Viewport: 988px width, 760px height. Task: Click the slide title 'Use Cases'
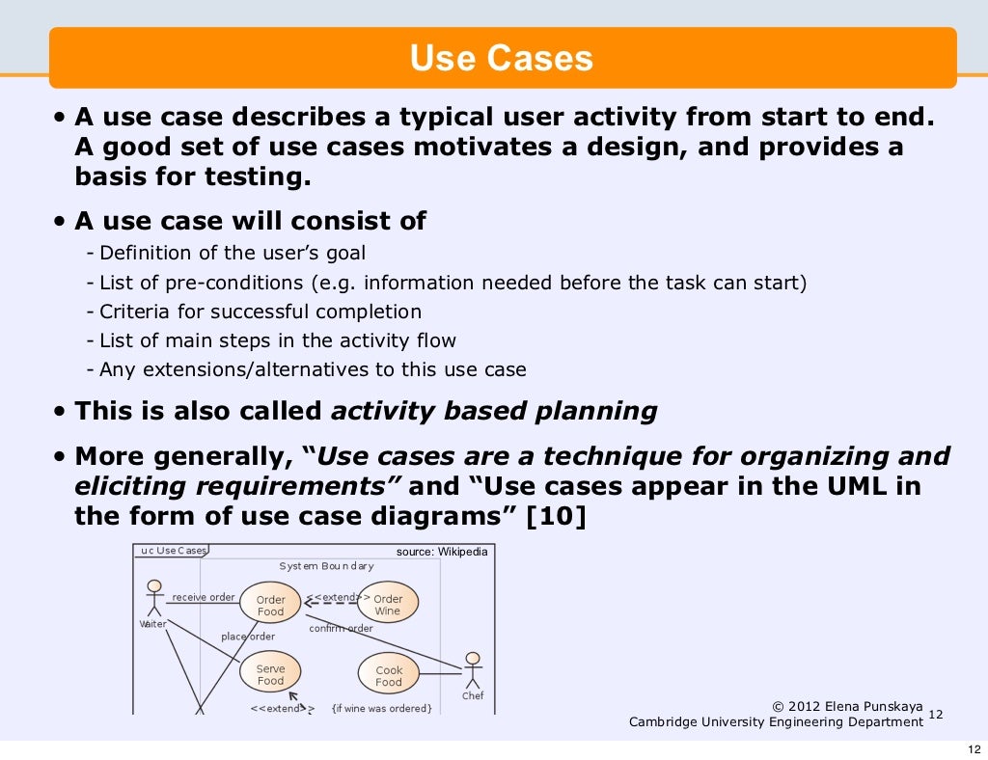[501, 59]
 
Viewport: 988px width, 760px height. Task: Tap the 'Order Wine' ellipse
[388, 604]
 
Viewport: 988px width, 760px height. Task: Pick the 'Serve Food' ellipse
[270, 674]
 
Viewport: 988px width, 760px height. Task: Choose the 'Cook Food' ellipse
[389, 675]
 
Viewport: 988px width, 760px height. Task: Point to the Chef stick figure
[472, 671]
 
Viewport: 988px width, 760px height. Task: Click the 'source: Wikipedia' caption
[442, 552]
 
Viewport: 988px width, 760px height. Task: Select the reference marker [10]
[556, 516]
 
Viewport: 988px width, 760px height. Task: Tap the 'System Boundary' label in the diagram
[326, 566]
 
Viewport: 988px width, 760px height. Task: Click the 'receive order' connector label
[204, 597]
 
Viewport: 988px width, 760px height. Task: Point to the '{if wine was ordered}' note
[381, 708]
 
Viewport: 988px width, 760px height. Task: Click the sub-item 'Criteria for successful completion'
[261, 312]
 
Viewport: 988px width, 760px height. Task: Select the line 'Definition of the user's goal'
[233, 254]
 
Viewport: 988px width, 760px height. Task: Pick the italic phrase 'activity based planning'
[494, 411]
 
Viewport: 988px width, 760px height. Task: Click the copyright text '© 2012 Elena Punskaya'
[848, 706]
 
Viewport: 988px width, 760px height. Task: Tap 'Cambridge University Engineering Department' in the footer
[776, 722]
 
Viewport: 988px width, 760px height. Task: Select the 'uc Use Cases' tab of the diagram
[174, 551]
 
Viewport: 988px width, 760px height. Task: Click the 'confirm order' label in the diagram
[341, 629]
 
